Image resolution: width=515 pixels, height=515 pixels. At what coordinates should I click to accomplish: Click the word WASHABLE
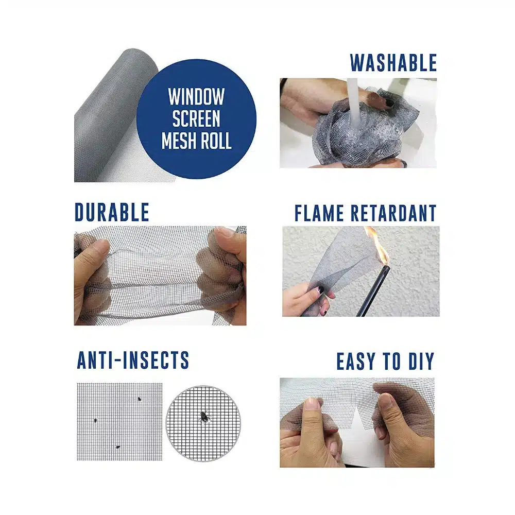(393, 63)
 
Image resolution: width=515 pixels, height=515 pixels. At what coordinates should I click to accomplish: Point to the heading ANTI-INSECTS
(133, 360)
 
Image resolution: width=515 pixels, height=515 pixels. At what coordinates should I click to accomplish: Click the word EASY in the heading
(356, 362)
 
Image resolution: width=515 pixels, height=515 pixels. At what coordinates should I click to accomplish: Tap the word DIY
(421, 362)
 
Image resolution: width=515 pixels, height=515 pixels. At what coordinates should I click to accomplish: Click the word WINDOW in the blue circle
(196, 97)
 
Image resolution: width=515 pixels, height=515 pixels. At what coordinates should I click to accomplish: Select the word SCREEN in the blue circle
(196, 118)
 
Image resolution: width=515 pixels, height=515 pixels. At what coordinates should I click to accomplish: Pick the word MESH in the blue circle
(179, 141)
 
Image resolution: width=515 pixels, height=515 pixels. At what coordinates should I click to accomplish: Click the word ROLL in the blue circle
(216, 141)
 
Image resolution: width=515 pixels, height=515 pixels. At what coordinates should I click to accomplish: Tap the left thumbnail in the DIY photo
(312, 404)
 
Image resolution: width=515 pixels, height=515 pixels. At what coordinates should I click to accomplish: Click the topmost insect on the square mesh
(140, 399)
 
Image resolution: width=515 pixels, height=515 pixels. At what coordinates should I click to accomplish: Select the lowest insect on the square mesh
(117, 447)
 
